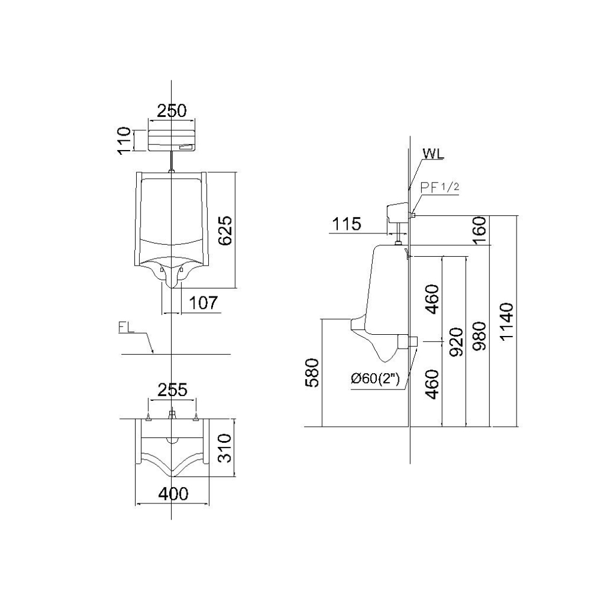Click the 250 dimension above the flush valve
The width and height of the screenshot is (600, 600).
point(172,110)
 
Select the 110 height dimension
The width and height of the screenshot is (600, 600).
point(124,141)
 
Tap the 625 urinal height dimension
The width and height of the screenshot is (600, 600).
point(225,230)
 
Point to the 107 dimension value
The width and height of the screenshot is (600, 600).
point(203,303)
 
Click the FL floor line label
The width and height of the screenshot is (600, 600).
point(127,328)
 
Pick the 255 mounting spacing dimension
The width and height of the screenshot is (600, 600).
point(173,390)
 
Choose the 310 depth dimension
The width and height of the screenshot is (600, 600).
point(225,448)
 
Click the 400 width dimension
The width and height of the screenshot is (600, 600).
point(173,494)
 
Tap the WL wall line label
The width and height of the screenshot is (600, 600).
point(433,154)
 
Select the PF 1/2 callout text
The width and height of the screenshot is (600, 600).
point(440,187)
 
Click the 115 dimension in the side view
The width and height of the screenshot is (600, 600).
point(346,224)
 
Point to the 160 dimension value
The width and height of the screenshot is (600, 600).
point(479,231)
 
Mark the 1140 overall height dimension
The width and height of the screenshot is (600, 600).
point(506,322)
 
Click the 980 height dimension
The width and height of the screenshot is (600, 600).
point(479,337)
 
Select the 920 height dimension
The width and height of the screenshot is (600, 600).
point(456,342)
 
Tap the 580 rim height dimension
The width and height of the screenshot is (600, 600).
point(312,373)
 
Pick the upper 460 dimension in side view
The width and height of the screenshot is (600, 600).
point(433,299)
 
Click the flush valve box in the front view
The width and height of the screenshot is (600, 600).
point(172,140)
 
